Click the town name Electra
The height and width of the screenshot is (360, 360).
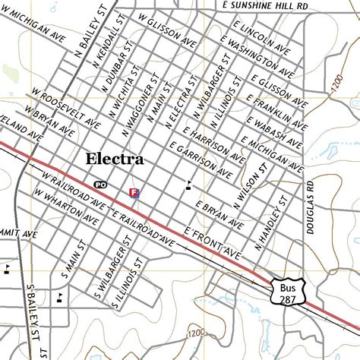[115, 160]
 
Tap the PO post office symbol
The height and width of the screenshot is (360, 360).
[99, 185]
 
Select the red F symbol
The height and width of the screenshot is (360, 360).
[134, 193]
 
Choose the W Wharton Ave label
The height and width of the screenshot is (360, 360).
[65, 207]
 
